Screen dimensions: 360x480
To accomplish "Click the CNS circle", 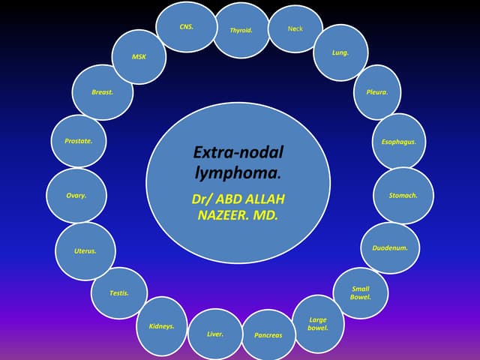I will pyautogui.click(x=187, y=27).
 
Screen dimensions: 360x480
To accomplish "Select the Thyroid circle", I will pyautogui.click(x=241, y=31).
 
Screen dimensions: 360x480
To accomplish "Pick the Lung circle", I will pyautogui.click(x=340, y=53).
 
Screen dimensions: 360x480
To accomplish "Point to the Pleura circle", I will pyautogui.click(x=376, y=92).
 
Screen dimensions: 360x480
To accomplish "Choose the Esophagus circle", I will pyautogui.click(x=399, y=141).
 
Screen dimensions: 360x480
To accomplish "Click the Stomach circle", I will pyautogui.click(x=403, y=195).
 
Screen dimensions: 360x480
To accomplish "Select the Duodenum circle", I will pyautogui.click(x=390, y=247).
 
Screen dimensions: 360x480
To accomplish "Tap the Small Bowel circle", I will pyautogui.click(x=361, y=292).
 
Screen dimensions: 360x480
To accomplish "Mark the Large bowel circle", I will pyautogui.click(x=317, y=324).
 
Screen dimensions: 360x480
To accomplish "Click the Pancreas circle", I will pyautogui.click(x=268, y=334).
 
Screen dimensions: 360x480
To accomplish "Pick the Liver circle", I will pyautogui.click(x=215, y=334).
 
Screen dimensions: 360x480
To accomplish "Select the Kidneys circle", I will pyautogui.click(x=162, y=326).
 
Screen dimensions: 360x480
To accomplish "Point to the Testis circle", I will pyautogui.click(x=119, y=292).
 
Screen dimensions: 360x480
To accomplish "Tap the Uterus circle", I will pyautogui.click(x=85, y=250).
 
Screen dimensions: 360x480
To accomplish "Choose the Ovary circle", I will pyautogui.click(x=76, y=195).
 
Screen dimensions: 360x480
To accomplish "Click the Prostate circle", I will pyautogui.click(x=79, y=140).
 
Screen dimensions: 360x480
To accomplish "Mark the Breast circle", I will pyautogui.click(x=103, y=92).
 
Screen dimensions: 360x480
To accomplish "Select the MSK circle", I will pyautogui.click(x=139, y=56).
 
